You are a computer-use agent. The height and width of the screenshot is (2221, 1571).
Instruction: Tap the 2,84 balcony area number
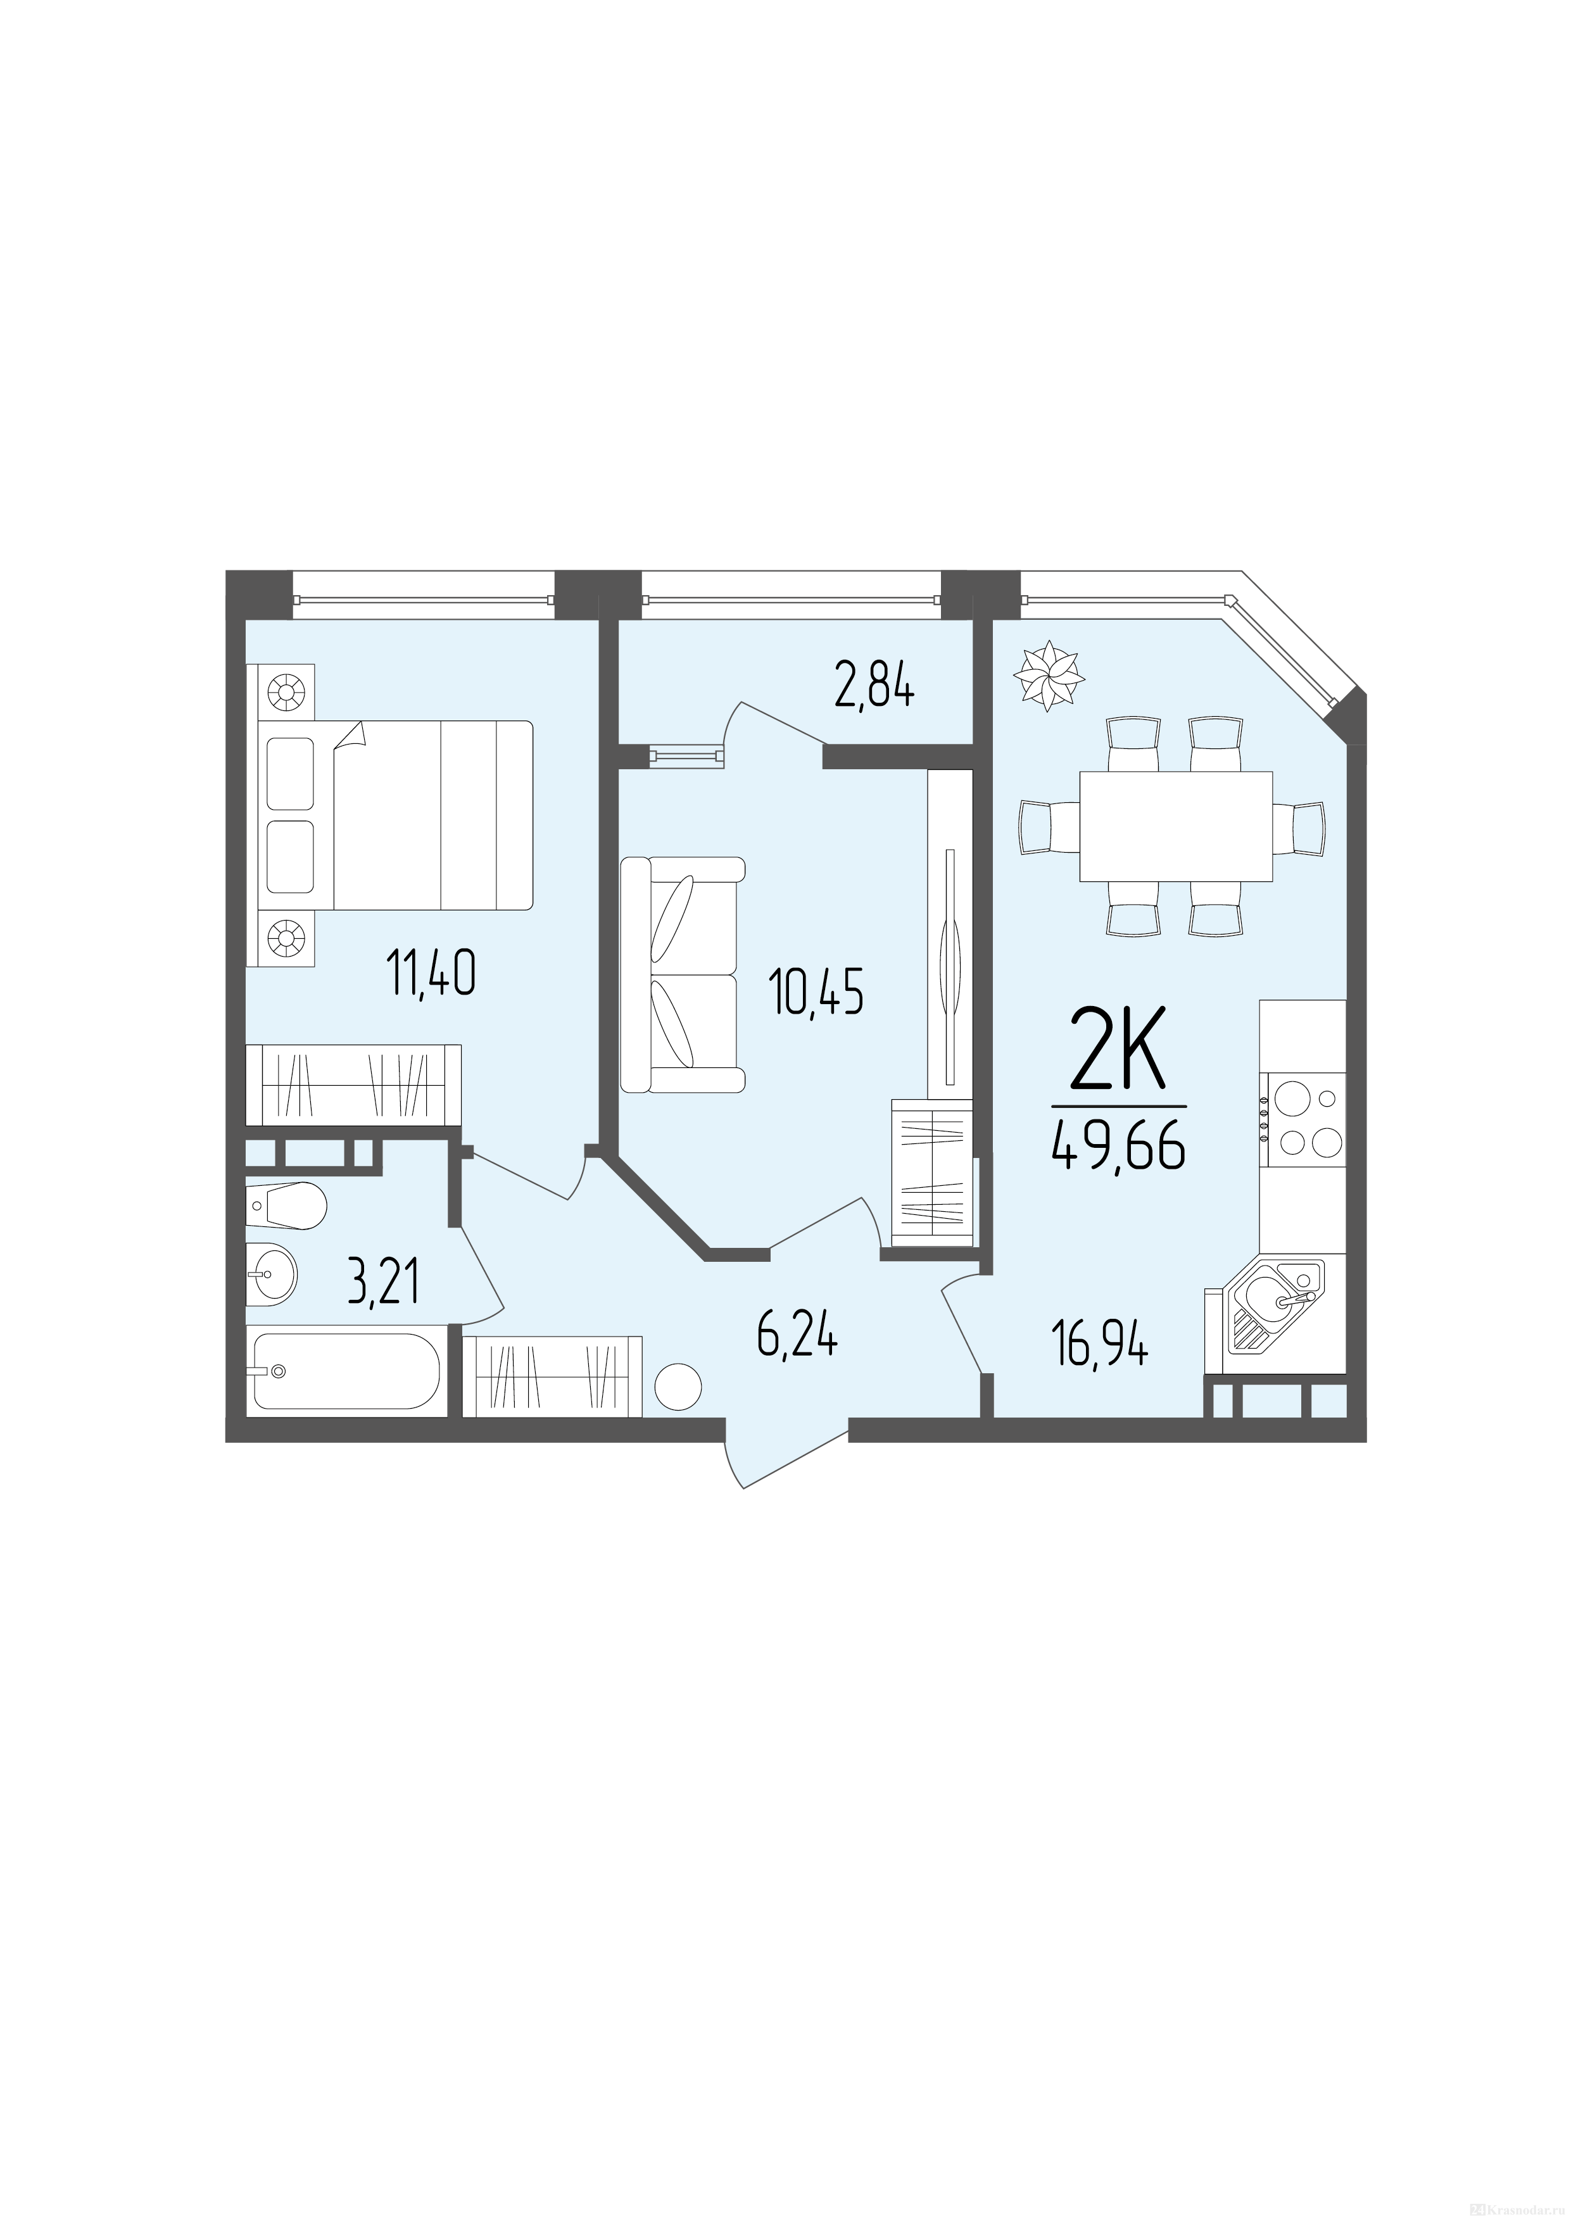(874, 689)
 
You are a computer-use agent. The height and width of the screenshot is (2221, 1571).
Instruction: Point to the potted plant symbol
(1049, 676)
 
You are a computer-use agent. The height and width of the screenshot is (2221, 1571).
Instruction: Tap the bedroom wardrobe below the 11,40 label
(354, 1085)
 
